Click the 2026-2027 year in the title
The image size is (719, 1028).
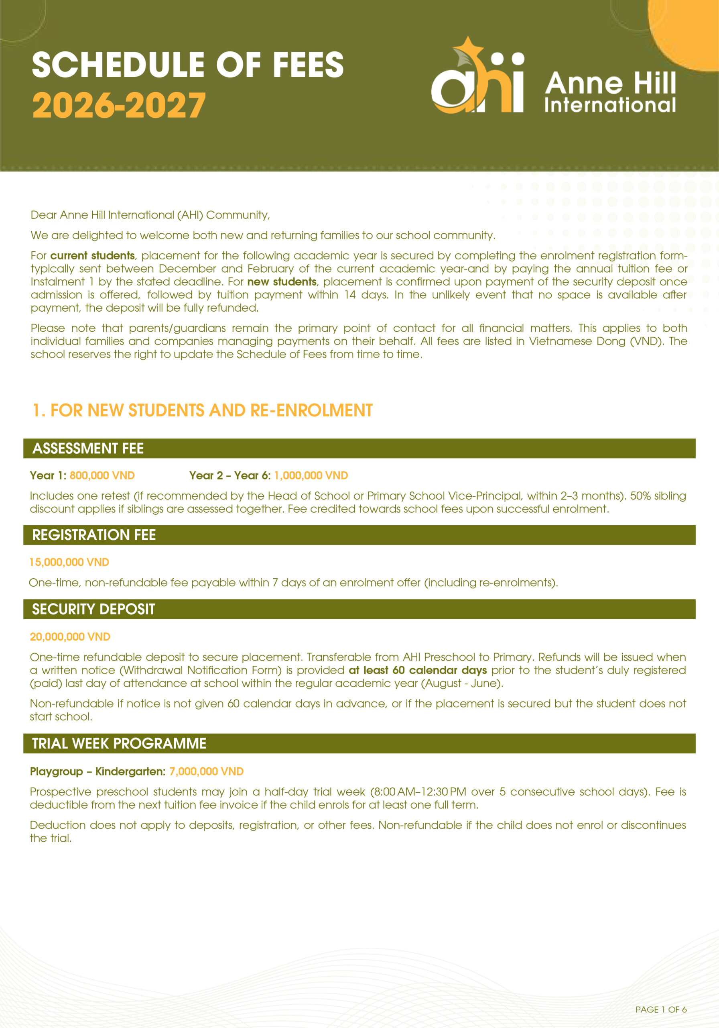click(119, 106)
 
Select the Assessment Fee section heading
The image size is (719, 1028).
click(88, 448)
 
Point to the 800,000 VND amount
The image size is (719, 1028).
click(102, 475)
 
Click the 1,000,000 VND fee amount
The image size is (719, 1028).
click(311, 475)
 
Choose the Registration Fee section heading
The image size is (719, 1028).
click(94, 534)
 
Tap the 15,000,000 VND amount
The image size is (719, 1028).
click(69, 562)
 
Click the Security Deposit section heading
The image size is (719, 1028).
click(93, 609)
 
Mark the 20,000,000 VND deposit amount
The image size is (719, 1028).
click(70, 637)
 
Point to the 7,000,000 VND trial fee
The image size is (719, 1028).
click(206, 771)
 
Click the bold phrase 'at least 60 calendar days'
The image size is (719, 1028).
click(417, 670)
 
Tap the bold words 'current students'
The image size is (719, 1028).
click(93, 256)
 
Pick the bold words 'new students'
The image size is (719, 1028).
click(282, 282)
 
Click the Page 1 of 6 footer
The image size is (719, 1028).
click(661, 1006)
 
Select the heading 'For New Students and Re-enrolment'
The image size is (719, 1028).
click(203, 410)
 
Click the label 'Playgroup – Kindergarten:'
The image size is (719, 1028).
click(97, 771)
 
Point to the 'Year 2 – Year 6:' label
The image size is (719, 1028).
click(230, 475)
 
